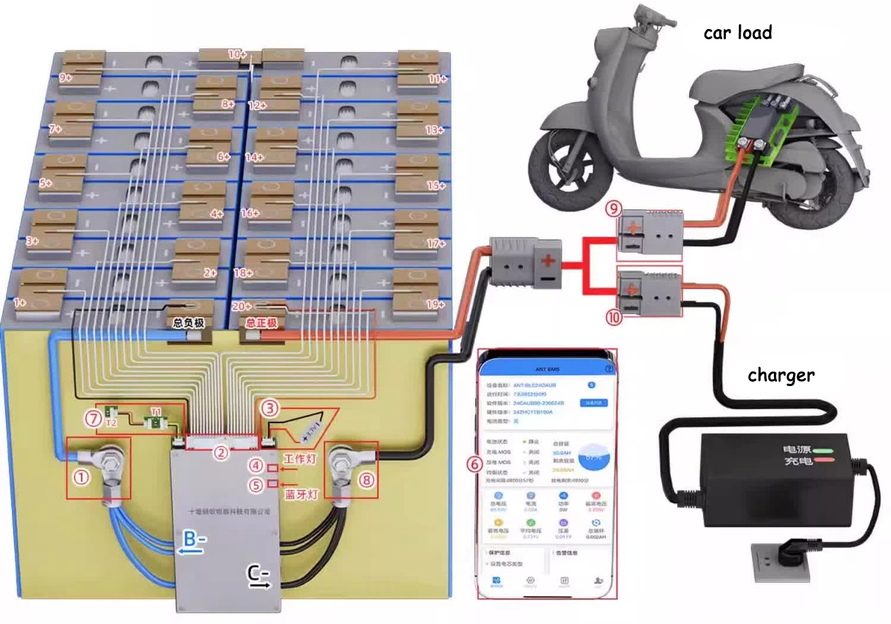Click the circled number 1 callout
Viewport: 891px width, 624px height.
(x=81, y=477)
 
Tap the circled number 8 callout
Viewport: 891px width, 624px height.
(x=366, y=479)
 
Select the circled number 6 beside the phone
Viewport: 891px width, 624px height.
(x=474, y=464)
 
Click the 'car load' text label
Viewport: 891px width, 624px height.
(x=738, y=33)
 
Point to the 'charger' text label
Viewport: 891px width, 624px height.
(x=781, y=375)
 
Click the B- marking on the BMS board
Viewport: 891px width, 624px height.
(x=194, y=540)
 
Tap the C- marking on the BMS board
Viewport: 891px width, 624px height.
(x=258, y=575)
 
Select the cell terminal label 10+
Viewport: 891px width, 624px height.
(x=236, y=54)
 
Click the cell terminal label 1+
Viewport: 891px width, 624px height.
(x=20, y=302)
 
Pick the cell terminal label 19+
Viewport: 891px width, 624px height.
(x=435, y=304)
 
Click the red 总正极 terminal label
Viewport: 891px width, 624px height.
(x=261, y=323)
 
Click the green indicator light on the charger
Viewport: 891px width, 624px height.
(x=824, y=450)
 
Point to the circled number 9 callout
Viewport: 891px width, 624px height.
(x=614, y=208)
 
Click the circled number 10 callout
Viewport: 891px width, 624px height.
(x=614, y=318)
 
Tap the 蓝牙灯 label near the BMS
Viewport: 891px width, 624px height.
(x=301, y=495)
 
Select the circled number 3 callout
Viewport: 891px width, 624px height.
(x=270, y=408)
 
